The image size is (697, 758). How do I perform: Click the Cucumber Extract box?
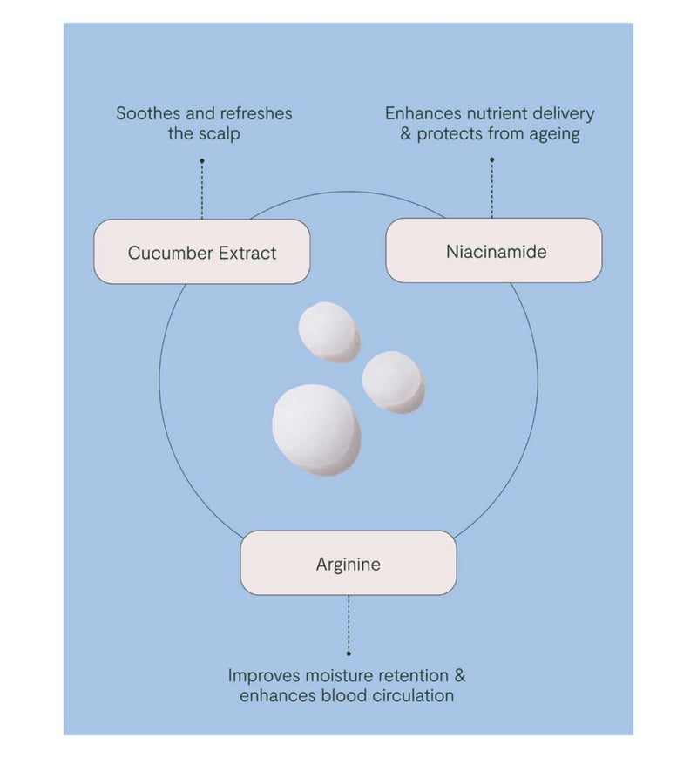coord(201,252)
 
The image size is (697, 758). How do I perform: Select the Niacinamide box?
coord(493,250)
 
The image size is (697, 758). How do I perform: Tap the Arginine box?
coord(348,563)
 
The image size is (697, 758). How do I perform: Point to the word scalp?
coord(220,134)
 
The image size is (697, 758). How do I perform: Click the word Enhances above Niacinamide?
coord(423,113)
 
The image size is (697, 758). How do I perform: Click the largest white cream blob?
coord(316,430)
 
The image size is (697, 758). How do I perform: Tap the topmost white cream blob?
coord(329,333)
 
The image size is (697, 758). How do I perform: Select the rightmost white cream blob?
coord(394,382)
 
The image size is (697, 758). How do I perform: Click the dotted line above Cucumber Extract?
coord(202,190)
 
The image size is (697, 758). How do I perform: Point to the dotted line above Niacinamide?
coord(491,188)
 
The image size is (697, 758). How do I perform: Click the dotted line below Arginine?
coord(348,625)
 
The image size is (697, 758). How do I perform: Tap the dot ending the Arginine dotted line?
coord(348,653)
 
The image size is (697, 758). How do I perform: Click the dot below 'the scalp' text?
coord(202,160)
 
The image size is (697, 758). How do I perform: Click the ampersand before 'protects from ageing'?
coord(405,134)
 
